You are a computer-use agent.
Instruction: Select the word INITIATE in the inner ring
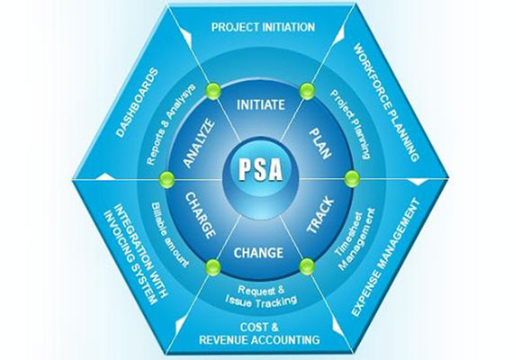[x=261, y=105]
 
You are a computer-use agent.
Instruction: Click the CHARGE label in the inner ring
[x=202, y=213]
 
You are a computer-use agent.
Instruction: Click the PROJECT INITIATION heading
[x=263, y=27]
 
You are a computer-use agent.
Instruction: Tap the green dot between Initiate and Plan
[x=307, y=89]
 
